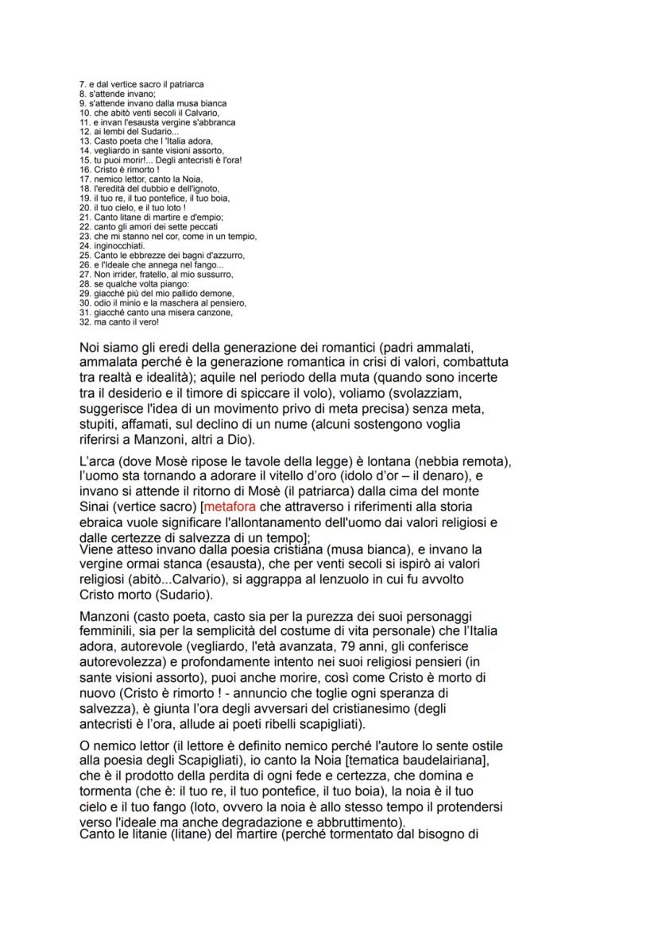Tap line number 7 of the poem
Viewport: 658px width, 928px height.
83,84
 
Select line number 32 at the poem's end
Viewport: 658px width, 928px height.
85,322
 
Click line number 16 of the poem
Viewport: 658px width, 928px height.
85,170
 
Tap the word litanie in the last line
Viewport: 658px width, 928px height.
148,836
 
